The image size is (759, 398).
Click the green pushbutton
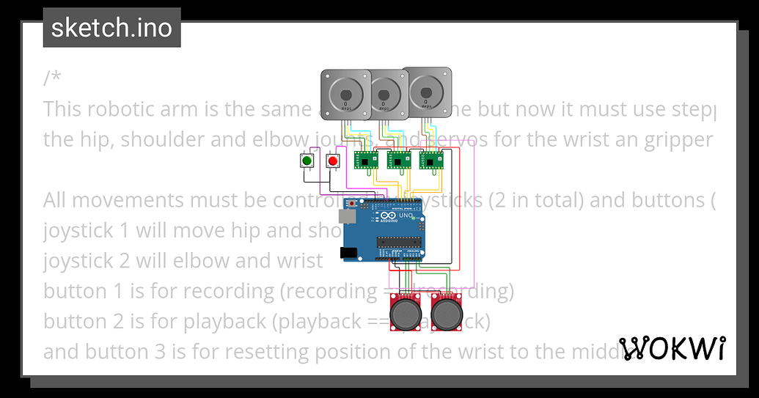(307, 161)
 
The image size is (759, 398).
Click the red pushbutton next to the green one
(333, 161)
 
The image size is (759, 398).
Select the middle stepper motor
(384, 93)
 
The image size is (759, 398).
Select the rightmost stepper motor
(425, 91)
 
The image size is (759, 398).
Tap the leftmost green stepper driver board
(364, 160)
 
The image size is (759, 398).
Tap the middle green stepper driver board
(397, 160)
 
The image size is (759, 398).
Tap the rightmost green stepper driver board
(431, 160)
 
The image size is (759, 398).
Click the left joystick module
(404, 313)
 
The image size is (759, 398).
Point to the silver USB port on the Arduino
(348, 217)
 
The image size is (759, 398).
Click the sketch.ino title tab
(111, 27)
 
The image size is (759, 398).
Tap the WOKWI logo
(672, 348)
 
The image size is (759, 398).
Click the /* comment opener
(52, 78)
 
